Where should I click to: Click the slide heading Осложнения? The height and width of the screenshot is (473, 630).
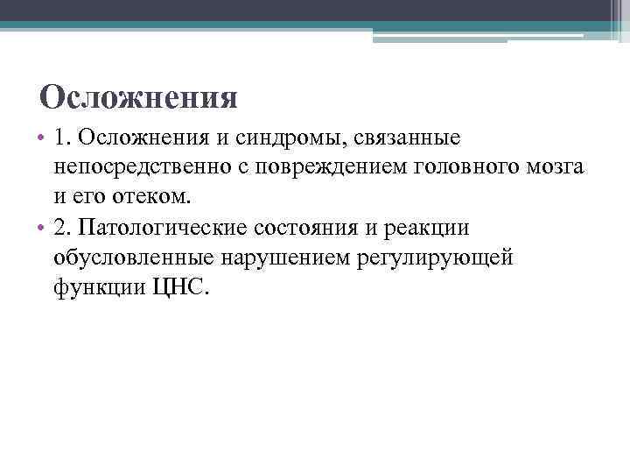pyautogui.click(x=139, y=97)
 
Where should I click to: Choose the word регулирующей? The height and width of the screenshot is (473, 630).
pyautogui.click(x=442, y=257)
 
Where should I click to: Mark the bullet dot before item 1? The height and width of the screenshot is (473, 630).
pyautogui.click(x=41, y=138)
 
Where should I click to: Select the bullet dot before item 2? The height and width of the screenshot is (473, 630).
pyautogui.click(x=41, y=229)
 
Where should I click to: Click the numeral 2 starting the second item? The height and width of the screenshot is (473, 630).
pyautogui.click(x=59, y=228)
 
